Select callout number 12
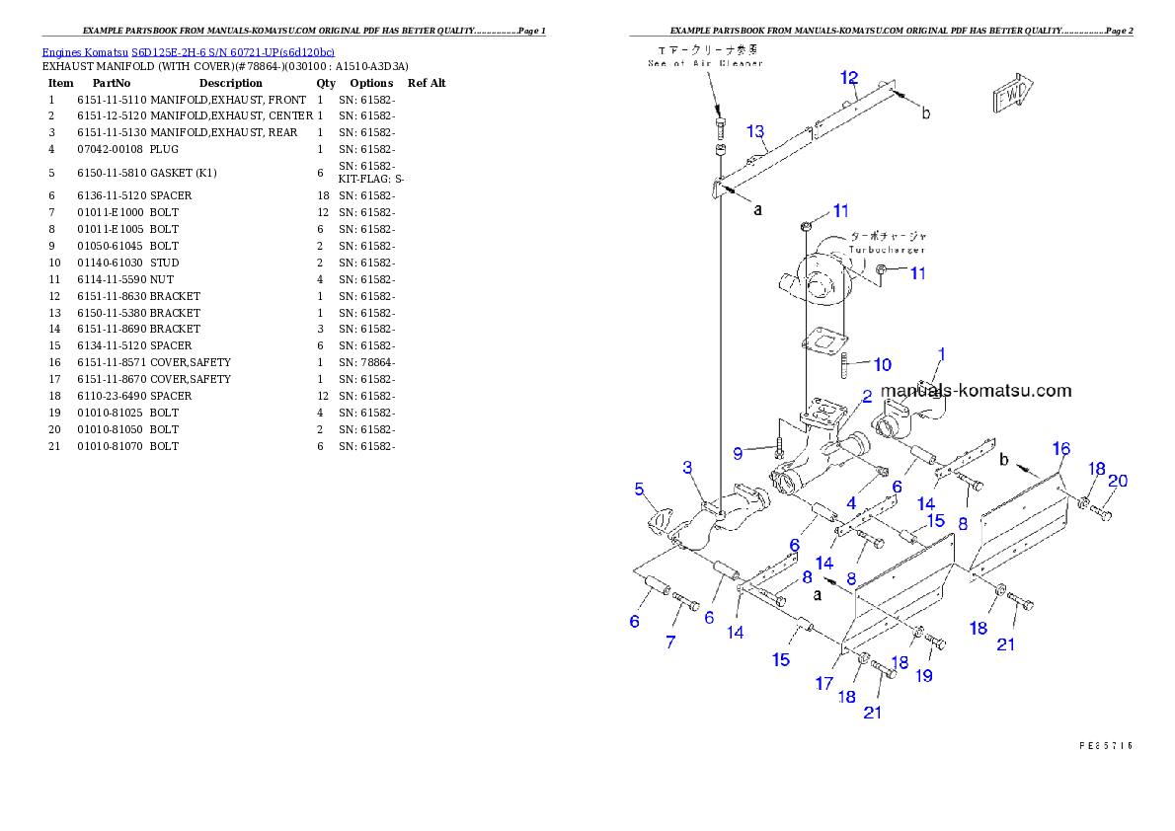click(x=849, y=78)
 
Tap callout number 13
click(x=755, y=131)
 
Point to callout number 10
click(x=882, y=365)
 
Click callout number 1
click(x=941, y=353)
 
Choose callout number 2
click(x=866, y=396)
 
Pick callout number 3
click(x=687, y=467)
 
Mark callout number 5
click(x=639, y=489)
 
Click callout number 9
click(x=737, y=453)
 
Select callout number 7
click(x=670, y=642)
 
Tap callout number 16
click(x=1060, y=449)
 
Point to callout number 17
click(x=824, y=683)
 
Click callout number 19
click(x=925, y=676)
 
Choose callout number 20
click(x=1117, y=482)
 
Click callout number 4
click(x=850, y=502)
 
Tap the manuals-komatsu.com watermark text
click(x=976, y=390)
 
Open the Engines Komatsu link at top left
click(x=188, y=51)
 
